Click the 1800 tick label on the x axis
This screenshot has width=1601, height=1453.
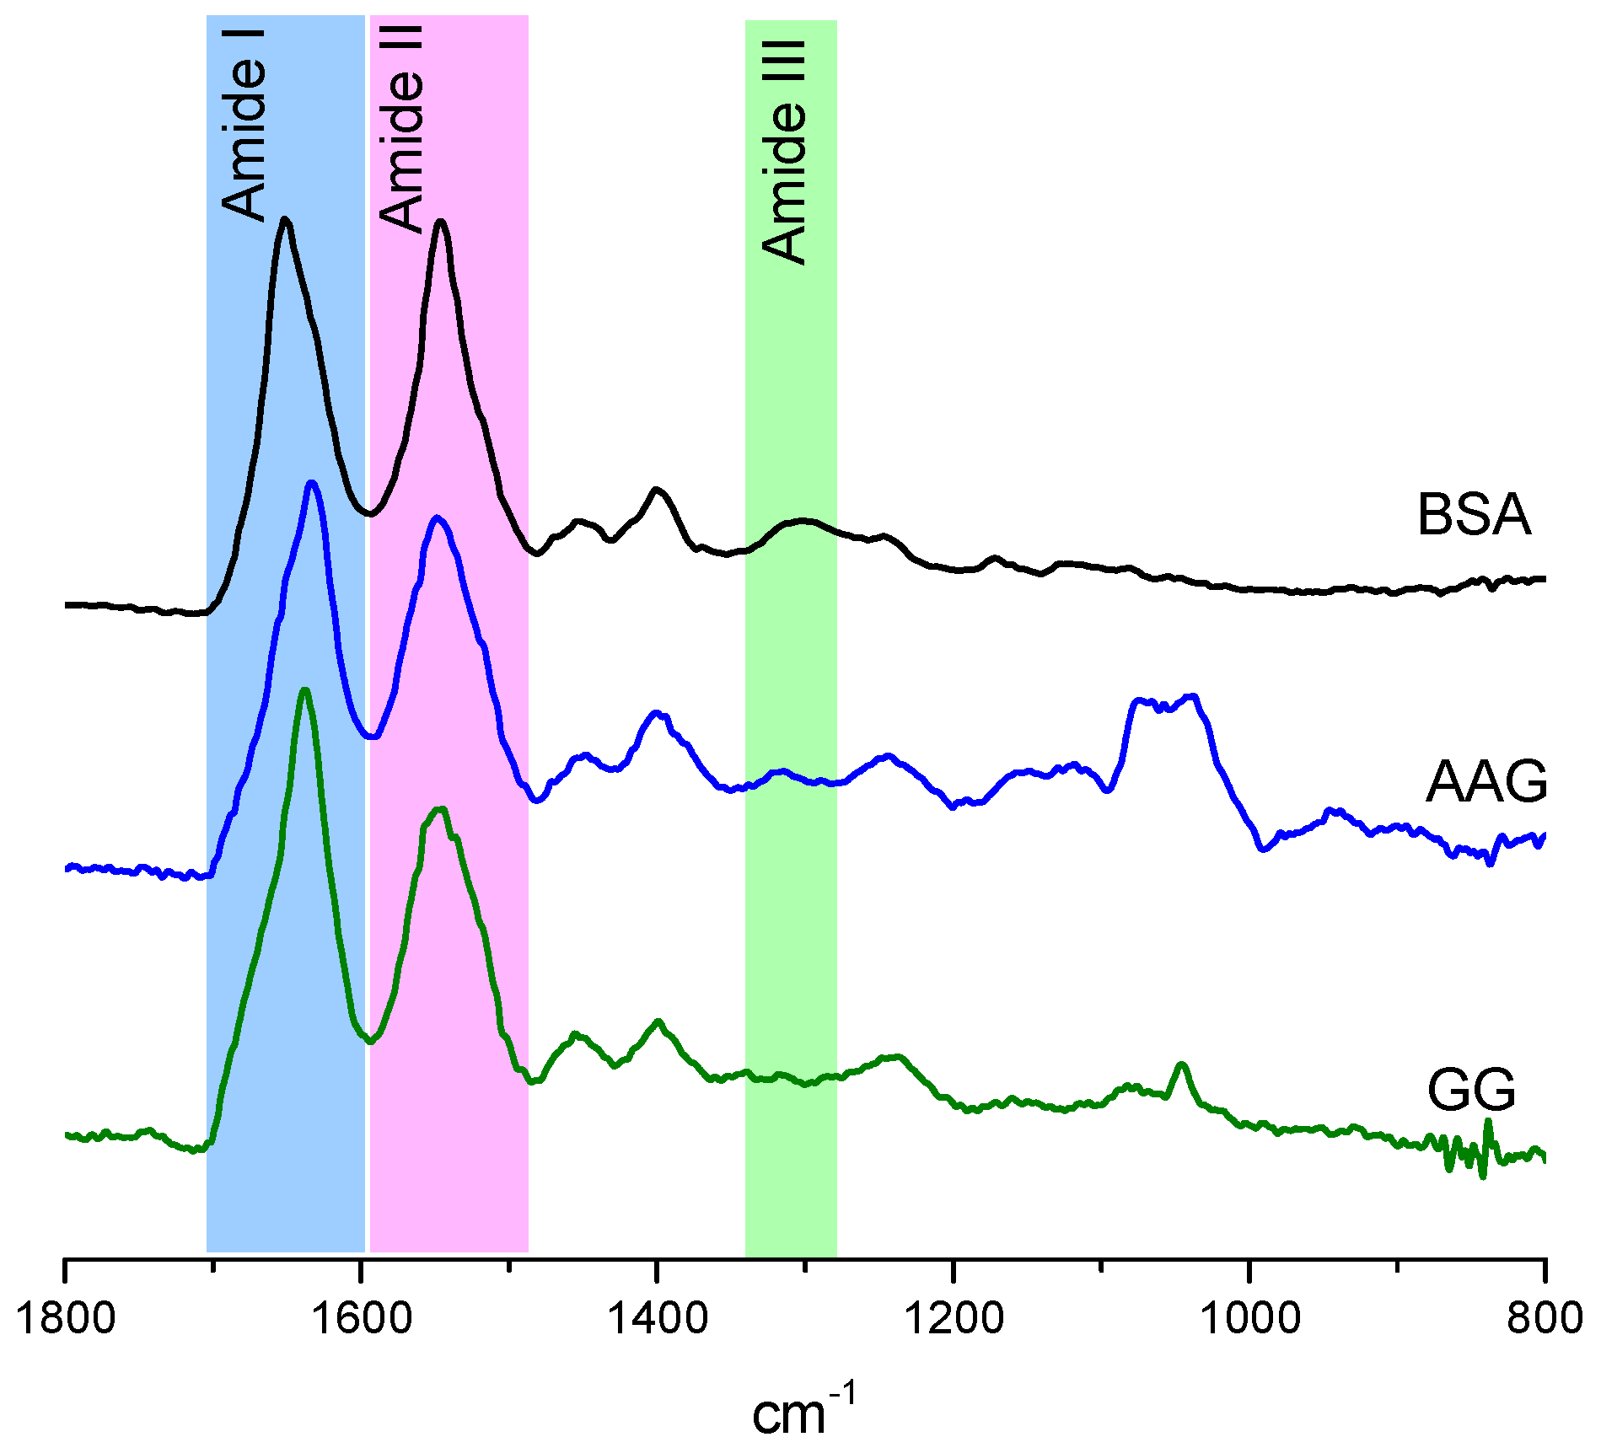tap(65, 1317)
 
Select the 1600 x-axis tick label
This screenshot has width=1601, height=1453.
tap(363, 1317)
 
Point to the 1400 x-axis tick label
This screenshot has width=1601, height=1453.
tap(658, 1317)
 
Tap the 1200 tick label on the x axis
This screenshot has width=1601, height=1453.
tap(954, 1317)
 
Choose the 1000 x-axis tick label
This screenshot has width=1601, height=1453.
tap(1250, 1317)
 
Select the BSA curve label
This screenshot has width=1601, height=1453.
tap(1473, 514)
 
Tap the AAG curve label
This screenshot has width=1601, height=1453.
tap(1486, 782)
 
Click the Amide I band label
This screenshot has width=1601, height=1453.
tap(244, 125)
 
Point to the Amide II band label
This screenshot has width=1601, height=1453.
tap(401, 128)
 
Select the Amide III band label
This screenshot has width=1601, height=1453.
tap(784, 152)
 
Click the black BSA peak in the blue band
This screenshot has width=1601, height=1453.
tap(286, 220)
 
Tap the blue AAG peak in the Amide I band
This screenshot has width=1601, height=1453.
tap(313, 483)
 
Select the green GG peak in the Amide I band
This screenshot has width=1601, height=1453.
tap(304, 690)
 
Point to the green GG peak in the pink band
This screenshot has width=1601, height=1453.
tap(439, 809)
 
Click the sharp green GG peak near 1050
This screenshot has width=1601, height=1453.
tap(1182, 1064)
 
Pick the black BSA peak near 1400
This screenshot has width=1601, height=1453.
tap(657, 490)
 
